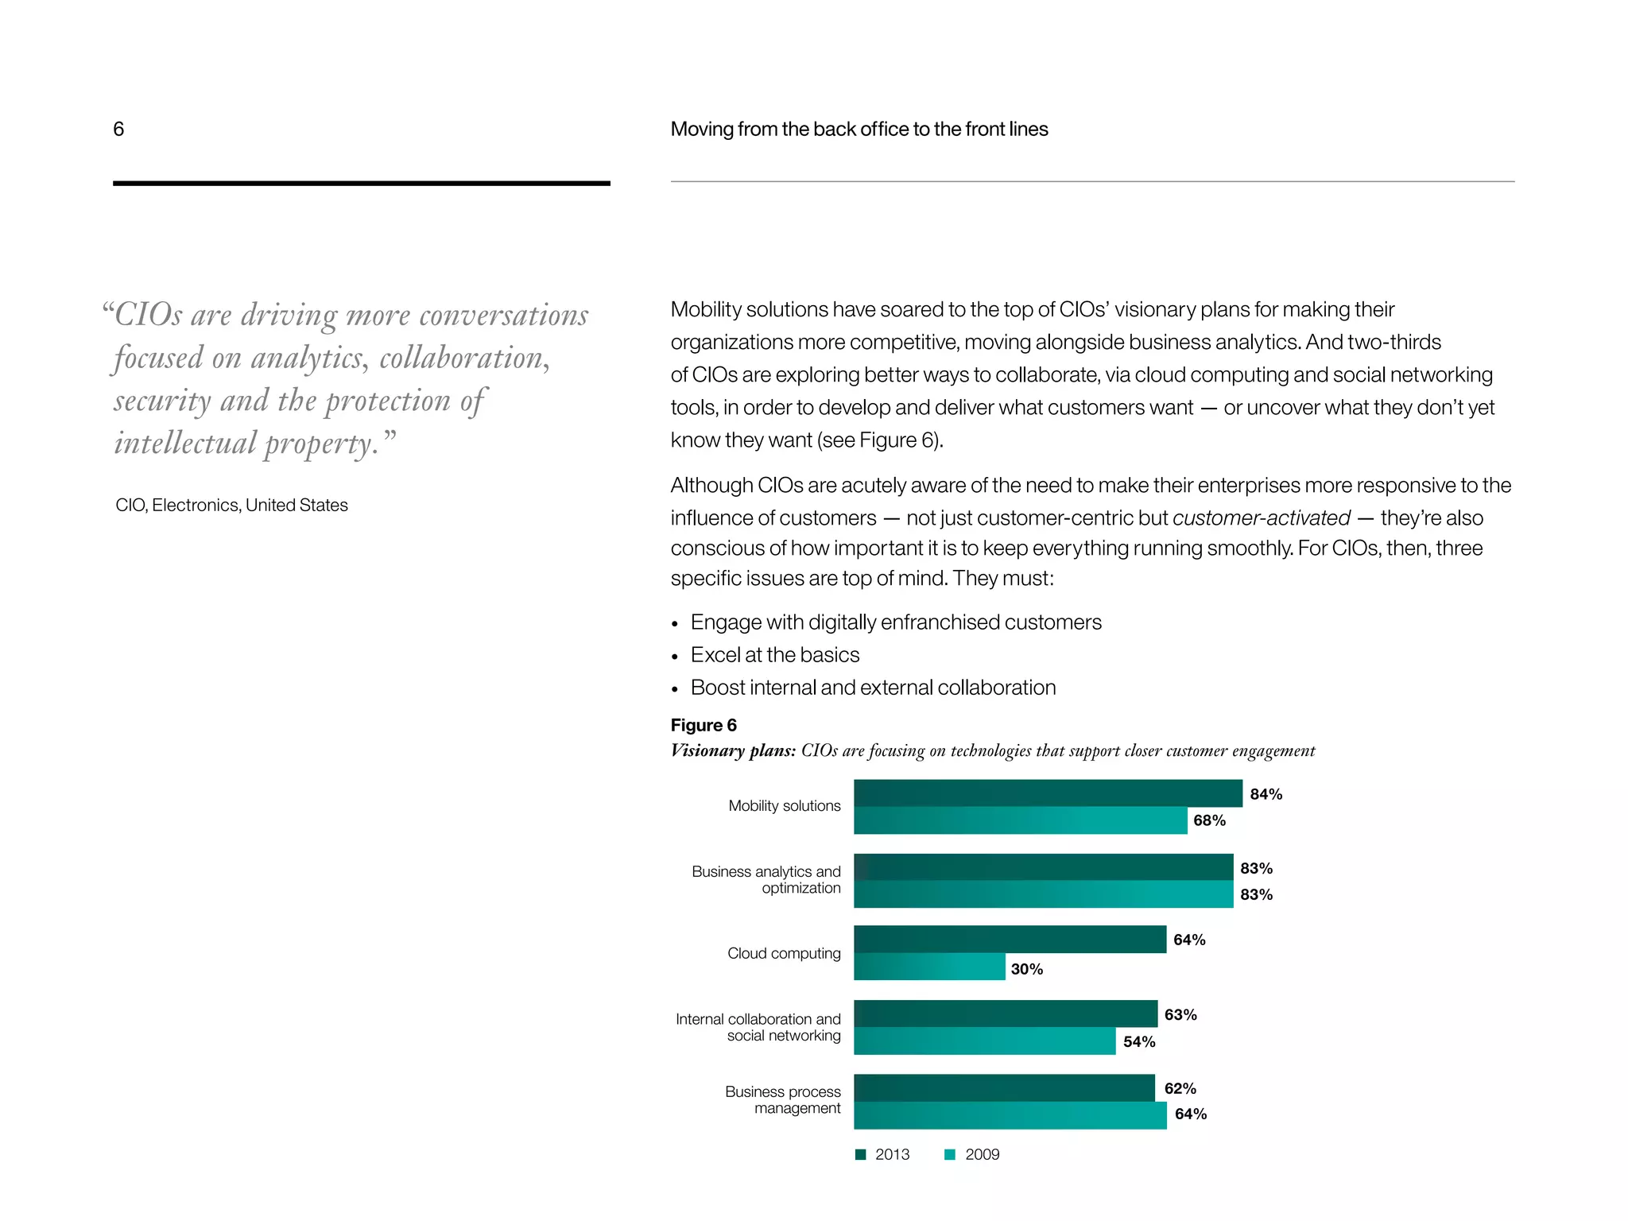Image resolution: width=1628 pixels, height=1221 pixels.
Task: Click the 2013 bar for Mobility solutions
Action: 1048,793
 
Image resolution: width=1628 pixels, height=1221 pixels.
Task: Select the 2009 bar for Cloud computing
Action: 929,967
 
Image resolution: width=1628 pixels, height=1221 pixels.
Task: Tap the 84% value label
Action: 1266,794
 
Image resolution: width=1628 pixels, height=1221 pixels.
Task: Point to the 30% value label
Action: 1026,969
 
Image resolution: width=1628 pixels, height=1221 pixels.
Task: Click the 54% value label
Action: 1139,1041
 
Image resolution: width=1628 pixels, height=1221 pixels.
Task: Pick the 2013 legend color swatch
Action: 860,1155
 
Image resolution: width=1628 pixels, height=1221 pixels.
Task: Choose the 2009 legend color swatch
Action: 949,1155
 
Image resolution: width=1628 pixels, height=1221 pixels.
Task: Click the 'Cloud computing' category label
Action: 784,953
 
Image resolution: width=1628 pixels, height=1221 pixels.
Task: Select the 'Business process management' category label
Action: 782,1099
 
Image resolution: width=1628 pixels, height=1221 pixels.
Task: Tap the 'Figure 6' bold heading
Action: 704,725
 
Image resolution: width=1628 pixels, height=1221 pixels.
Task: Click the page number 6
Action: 118,129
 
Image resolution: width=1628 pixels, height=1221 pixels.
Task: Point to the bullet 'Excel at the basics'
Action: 774,655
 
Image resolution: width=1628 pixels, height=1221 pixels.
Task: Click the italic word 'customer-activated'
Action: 1261,518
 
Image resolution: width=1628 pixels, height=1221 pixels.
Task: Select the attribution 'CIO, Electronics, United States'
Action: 231,505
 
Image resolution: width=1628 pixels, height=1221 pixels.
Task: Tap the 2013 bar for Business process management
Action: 1004,1087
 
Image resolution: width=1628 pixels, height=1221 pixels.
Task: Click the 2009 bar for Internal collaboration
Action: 984,1041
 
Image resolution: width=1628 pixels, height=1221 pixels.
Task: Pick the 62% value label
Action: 1180,1088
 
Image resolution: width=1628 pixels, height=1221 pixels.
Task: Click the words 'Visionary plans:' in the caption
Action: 733,750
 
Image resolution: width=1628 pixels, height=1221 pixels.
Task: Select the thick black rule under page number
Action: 361,184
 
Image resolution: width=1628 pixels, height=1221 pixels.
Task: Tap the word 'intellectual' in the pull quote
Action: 185,443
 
